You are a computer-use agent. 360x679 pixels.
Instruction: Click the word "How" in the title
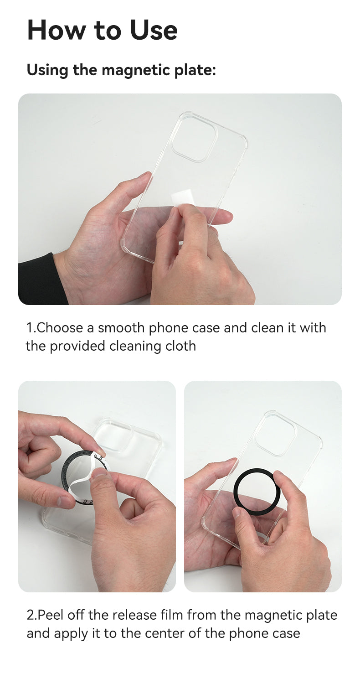coord(57,30)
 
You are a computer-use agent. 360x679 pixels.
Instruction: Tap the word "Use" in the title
coord(154,30)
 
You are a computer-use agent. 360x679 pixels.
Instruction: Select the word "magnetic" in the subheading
coord(136,70)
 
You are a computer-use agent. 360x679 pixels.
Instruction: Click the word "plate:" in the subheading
coord(195,70)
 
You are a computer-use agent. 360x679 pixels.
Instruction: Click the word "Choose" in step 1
coord(60,328)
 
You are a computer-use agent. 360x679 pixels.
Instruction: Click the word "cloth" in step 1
coord(180,346)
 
